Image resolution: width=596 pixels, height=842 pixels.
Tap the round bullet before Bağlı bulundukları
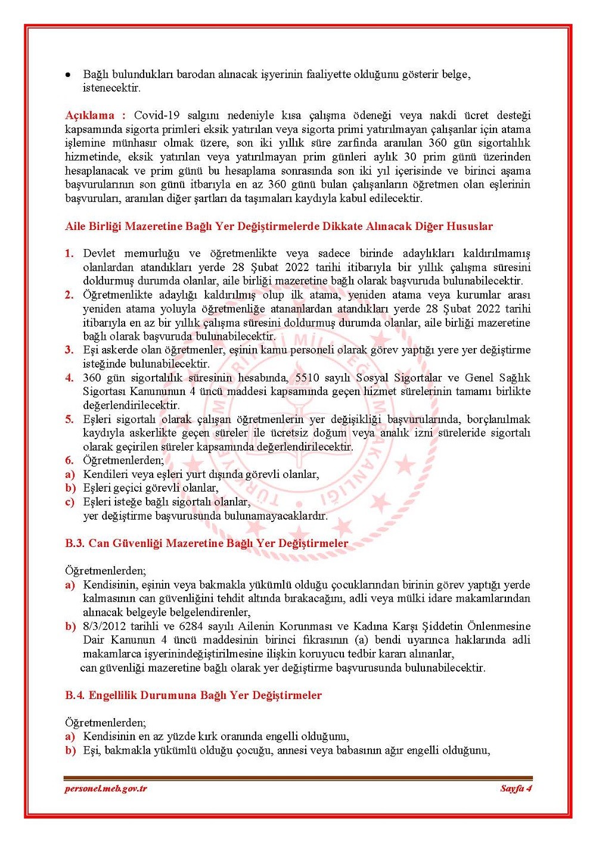[69, 75]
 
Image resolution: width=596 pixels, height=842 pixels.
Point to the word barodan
[197, 74]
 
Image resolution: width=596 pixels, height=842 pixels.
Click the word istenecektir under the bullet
[111, 88]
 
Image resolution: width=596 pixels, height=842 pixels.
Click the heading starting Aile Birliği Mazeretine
[279, 226]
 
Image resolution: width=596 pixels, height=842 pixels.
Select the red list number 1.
[69, 253]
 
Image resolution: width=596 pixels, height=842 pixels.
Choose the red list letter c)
[70, 502]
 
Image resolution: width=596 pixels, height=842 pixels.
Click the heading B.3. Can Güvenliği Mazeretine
[206, 543]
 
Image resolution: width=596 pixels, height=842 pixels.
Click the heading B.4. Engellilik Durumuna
[193, 695]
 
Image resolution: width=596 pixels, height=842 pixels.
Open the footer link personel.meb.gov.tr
[106, 788]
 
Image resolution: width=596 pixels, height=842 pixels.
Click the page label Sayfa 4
[516, 788]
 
